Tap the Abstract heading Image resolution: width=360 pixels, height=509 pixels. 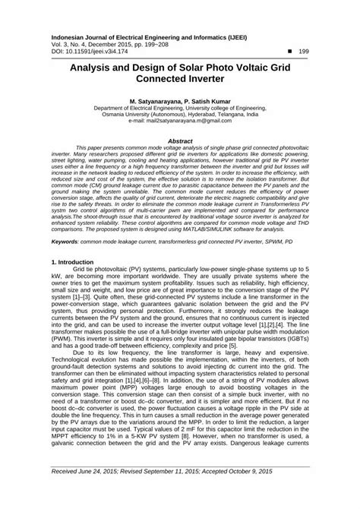179,141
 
